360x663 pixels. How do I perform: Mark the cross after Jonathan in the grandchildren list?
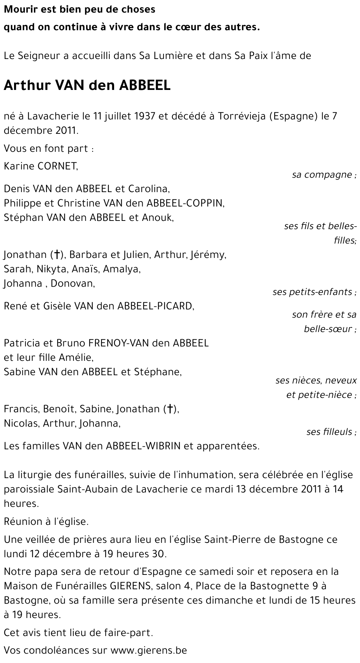(x=56, y=255)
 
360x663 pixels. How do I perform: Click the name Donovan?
(x=72, y=283)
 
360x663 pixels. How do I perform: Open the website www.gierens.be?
(x=149, y=650)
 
